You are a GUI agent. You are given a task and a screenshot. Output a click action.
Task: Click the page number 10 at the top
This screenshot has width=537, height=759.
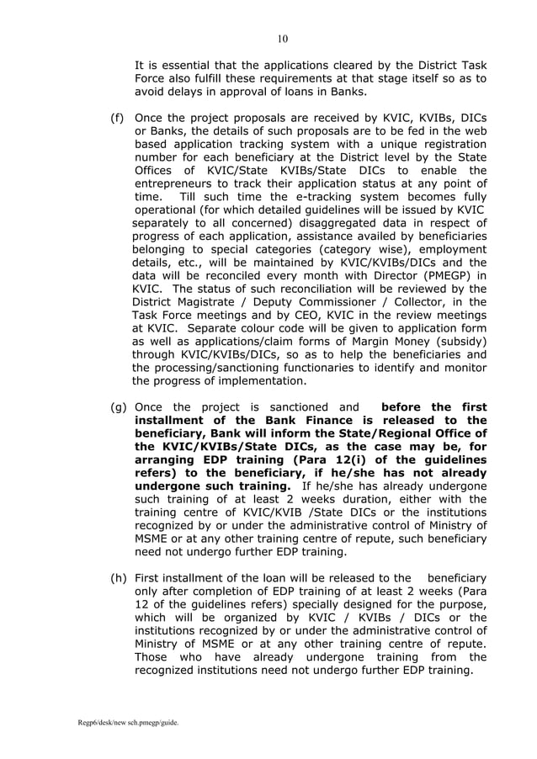pos(283,38)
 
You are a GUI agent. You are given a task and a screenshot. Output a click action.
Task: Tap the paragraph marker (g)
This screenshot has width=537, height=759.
pos(120,407)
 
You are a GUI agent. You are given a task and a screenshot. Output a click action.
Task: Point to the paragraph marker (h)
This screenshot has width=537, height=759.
pos(120,579)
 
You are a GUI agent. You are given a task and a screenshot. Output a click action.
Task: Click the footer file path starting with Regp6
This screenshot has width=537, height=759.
pos(118,723)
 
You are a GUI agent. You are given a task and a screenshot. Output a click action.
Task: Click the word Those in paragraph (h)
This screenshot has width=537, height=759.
pos(154,656)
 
